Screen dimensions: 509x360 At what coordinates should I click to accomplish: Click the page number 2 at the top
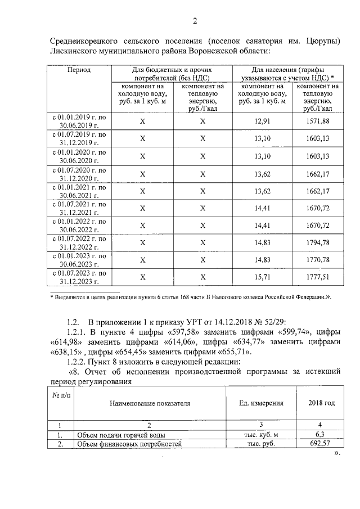pos(195,22)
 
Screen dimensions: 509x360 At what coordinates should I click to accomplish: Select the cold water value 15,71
pos(263,277)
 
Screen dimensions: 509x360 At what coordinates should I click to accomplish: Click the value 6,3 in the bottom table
pos(319,435)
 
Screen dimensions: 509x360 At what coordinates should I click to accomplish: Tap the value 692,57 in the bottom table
pos(319,444)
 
